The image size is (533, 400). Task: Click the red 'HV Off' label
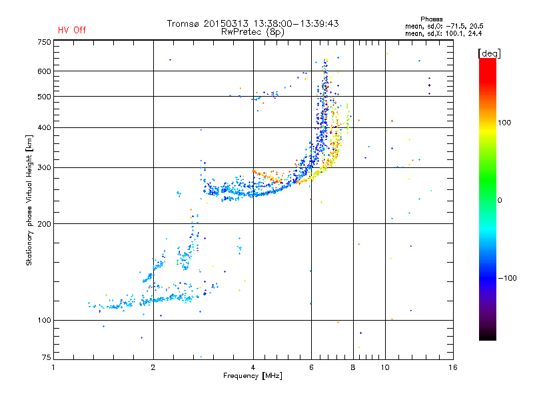coord(71,30)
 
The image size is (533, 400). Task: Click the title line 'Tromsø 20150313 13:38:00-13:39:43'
coord(253,23)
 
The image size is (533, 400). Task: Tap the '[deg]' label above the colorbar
coord(490,53)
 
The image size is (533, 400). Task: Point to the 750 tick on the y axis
coord(44,41)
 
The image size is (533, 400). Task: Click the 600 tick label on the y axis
coord(44,71)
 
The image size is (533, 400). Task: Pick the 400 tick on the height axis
coord(44,127)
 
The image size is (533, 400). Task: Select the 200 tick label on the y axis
coord(44,224)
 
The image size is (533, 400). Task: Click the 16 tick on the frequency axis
coord(453,367)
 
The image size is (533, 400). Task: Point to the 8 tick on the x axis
coord(353,367)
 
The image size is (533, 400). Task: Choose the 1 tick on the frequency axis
coord(54,367)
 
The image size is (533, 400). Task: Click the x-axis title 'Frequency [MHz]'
coord(253,377)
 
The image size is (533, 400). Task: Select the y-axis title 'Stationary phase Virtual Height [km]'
coord(29,200)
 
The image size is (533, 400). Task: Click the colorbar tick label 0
coord(500,200)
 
